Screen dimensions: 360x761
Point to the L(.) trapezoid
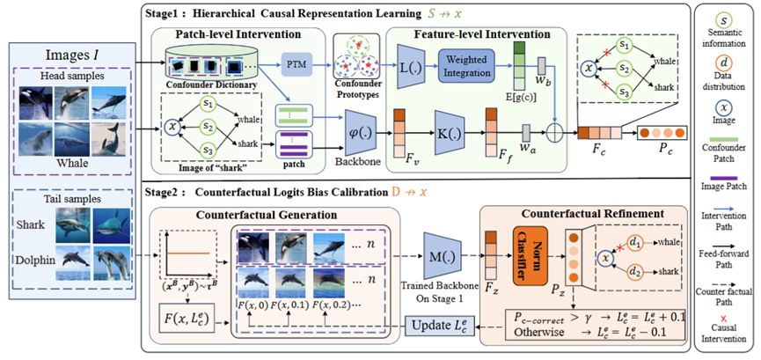click(x=406, y=67)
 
